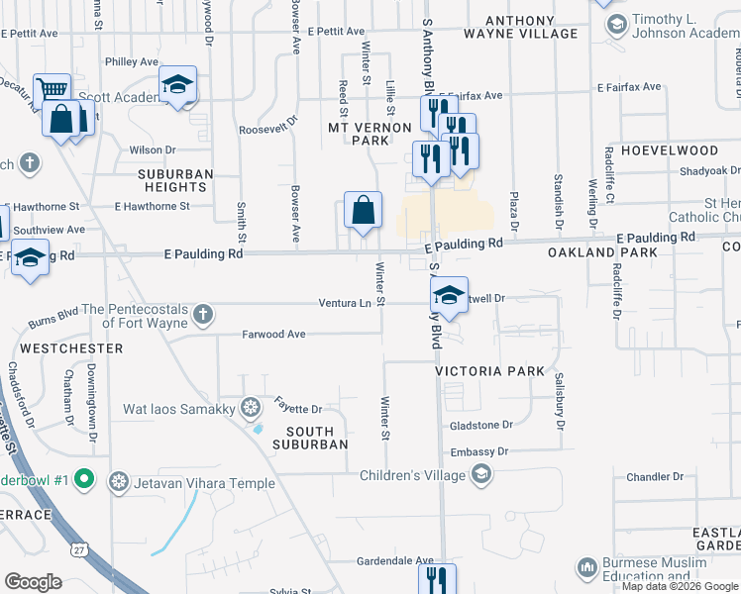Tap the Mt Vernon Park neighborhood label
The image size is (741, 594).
370,134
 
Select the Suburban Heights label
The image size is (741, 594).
175,180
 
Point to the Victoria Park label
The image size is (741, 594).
489,370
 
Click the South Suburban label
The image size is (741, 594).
317,438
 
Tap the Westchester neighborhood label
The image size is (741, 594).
71,348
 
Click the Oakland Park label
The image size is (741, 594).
589,253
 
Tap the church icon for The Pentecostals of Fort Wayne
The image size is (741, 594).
203,315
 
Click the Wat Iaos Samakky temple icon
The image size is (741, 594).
252,408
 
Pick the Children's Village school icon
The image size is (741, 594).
480,476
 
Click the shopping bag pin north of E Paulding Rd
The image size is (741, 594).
364,210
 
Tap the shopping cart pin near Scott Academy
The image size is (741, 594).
52,90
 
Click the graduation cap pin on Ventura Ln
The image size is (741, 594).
449,294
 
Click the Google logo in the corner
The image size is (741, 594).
33,582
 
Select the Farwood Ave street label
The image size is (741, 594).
273,335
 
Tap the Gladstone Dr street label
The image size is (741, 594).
480,425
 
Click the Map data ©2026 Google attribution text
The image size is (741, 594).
680,586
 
